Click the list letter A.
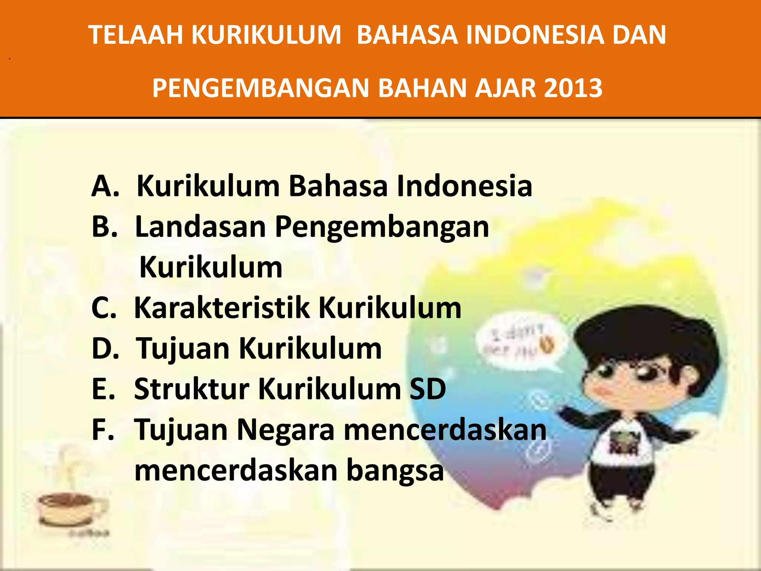[x=105, y=186]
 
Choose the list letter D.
[x=105, y=349]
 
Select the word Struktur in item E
[x=191, y=389]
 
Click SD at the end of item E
[x=427, y=389]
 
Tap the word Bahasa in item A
[x=338, y=186]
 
